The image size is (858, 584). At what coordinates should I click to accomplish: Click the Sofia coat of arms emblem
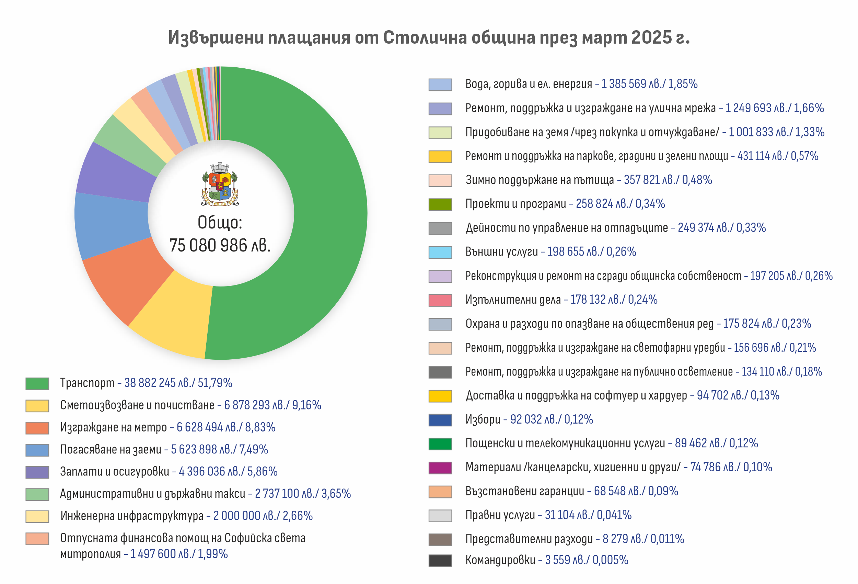(x=220, y=184)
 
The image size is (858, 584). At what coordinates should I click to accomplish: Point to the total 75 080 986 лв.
(x=220, y=245)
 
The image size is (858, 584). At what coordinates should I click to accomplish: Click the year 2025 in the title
(x=652, y=37)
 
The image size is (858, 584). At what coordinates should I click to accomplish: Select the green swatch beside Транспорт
(x=37, y=383)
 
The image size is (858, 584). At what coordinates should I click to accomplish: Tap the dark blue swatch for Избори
(x=440, y=420)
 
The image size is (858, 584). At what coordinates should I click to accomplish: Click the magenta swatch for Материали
(x=440, y=468)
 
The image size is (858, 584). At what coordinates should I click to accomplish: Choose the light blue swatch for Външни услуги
(x=440, y=252)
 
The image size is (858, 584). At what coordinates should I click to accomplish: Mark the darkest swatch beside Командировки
(x=440, y=560)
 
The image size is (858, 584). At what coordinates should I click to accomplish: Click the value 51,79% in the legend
(x=215, y=383)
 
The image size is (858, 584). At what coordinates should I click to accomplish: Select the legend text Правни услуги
(x=500, y=515)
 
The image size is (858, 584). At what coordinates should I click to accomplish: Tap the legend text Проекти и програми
(x=515, y=204)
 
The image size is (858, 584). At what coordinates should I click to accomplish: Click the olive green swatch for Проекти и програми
(x=440, y=204)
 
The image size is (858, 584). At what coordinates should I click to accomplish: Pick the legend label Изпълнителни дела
(x=513, y=300)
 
